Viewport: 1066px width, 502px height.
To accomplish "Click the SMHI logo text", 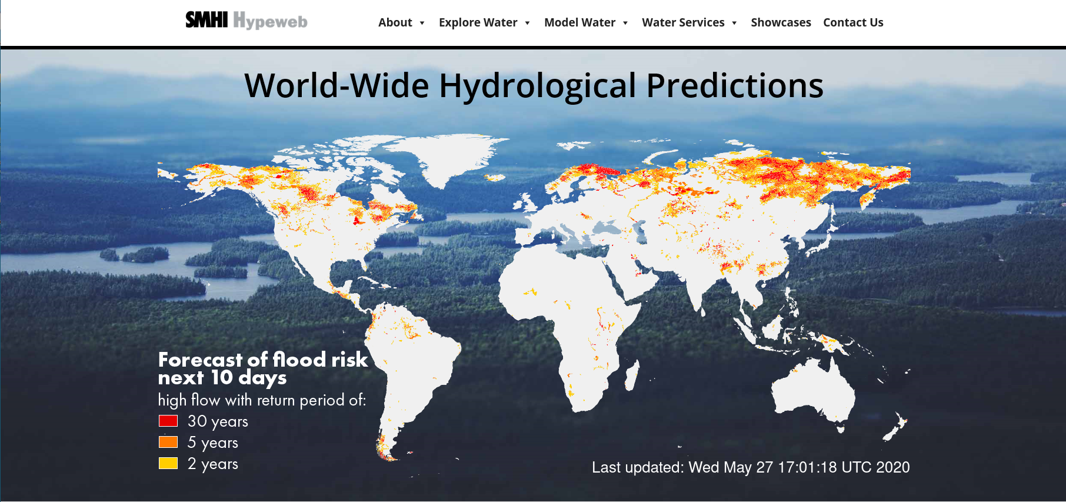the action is click(x=206, y=20).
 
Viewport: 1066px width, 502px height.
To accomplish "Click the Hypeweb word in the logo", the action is click(x=271, y=21).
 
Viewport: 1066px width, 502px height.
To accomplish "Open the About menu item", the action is click(x=395, y=22).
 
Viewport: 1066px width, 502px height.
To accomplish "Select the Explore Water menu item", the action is click(x=478, y=22).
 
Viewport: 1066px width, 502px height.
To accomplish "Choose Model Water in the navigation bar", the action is click(x=579, y=22).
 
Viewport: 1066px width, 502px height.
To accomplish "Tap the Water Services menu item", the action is click(x=683, y=22).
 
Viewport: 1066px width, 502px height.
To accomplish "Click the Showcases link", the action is click(x=781, y=22).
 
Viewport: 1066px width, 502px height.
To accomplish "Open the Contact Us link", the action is click(x=853, y=22).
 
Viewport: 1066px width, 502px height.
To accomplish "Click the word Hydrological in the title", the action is click(x=538, y=86).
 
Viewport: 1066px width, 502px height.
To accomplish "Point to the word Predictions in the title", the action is click(x=735, y=86).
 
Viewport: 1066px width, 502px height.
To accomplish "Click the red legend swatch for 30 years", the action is click(x=168, y=421).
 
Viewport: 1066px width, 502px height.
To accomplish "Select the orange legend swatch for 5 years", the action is click(x=168, y=442).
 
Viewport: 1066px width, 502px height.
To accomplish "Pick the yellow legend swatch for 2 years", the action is click(x=168, y=463).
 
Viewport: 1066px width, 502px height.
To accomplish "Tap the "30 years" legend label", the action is click(x=218, y=422).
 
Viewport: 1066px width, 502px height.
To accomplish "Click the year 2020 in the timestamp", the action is click(x=893, y=467).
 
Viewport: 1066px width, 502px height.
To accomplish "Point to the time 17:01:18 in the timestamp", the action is click(x=807, y=467).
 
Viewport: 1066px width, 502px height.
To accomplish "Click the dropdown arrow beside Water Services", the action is click(x=734, y=23).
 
